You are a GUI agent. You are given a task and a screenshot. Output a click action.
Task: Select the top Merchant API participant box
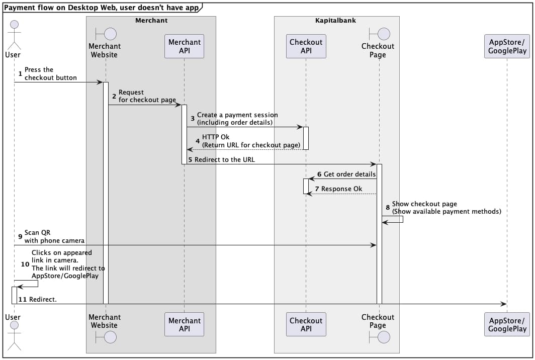click(x=184, y=46)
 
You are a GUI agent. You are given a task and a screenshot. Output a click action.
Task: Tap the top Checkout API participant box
click(x=306, y=46)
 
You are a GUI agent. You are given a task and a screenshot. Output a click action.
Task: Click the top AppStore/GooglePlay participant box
click(x=507, y=46)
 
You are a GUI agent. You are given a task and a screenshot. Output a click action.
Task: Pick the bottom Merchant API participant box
click(x=184, y=324)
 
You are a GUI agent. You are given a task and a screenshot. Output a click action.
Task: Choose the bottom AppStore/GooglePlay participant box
click(x=507, y=324)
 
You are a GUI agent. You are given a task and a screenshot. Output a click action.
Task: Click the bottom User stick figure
click(x=14, y=336)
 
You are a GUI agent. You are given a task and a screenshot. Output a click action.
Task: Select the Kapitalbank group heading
click(x=336, y=20)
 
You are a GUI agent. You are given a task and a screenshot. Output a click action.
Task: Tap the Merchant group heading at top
click(x=151, y=20)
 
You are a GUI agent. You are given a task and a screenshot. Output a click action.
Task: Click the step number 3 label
click(x=193, y=119)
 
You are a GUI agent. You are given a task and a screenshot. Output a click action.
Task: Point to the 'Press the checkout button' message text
click(x=51, y=73)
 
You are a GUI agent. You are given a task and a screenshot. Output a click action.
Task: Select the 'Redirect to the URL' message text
click(x=225, y=159)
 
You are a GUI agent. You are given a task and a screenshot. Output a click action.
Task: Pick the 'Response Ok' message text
click(x=341, y=189)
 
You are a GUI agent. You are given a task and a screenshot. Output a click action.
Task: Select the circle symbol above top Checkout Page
click(x=384, y=34)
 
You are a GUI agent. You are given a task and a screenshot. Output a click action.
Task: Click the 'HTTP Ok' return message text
click(x=251, y=141)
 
